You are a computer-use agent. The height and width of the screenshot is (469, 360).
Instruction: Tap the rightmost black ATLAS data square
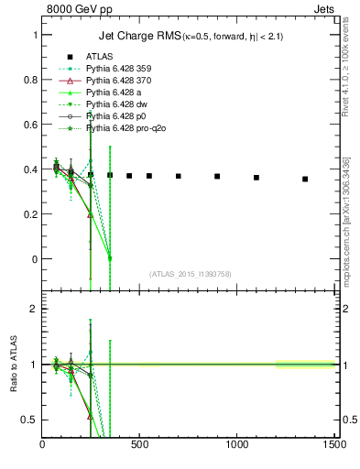tap(305, 179)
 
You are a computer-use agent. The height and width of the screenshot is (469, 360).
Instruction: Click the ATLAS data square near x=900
tap(217, 176)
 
